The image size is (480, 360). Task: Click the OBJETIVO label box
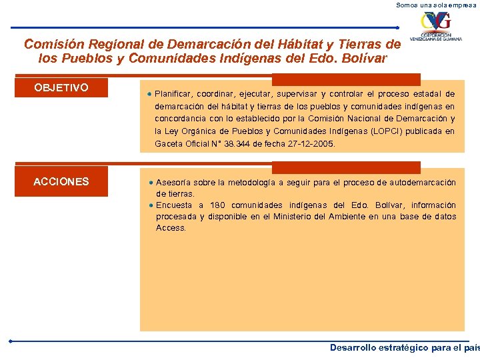(61, 87)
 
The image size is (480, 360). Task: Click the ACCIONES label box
(61, 181)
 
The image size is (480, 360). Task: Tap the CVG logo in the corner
(436, 27)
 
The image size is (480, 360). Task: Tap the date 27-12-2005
(313, 143)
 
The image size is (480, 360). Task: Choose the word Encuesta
(174, 205)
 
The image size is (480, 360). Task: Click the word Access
(171, 228)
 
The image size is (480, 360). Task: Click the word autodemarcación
(423, 183)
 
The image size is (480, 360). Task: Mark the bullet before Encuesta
(151, 205)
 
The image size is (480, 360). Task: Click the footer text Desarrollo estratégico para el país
(404, 348)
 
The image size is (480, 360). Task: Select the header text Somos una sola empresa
(437, 5)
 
